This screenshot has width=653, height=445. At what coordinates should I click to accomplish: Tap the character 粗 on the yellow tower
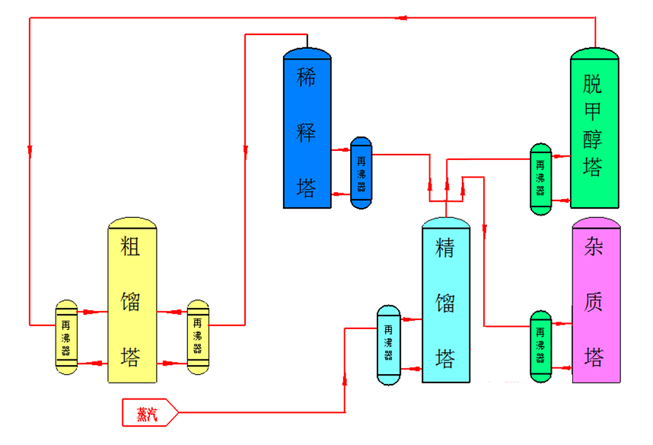pyautogui.click(x=131, y=250)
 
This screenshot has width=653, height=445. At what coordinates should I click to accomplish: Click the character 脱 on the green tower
pyautogui.click(x=593, y=83)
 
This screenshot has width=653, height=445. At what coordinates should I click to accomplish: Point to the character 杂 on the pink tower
pyautogui.click(x=594, y=248)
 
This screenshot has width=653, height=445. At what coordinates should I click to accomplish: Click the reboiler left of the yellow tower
pyautogui.click(x=66, y=336)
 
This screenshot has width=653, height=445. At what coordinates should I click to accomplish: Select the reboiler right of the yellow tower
pyautogui.click(x=198, y=336)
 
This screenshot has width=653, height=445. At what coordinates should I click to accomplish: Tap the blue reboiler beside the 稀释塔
pyautogui.click(x=361, y=173)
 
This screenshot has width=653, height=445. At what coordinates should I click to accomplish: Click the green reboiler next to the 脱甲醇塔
pyautogui.click(x=541, y=178)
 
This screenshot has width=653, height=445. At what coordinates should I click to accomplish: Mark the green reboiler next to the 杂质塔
pyautogui.click(x=541, y=346)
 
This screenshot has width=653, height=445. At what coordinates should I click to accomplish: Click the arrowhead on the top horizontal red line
pyautogui.click(x=406, y=17)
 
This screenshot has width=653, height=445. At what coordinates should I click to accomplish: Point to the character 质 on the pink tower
pyautogui.click(x=594, y=302)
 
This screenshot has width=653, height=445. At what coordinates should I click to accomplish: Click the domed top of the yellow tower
pyautogui.click(x=132, y=223)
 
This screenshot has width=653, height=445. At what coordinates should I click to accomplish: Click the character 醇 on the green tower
pyautogui.click(x=593, y=139)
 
